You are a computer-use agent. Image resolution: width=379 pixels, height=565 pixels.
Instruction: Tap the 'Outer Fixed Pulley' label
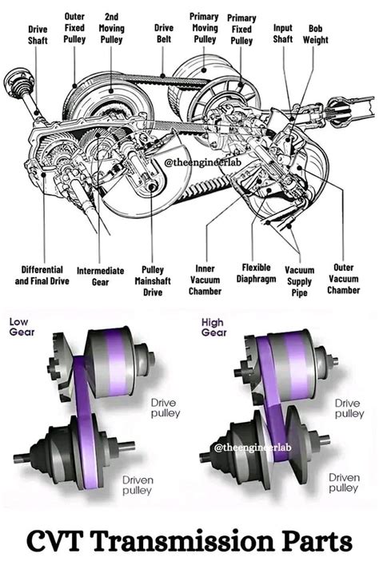pyautogui.click(x=75, y=27)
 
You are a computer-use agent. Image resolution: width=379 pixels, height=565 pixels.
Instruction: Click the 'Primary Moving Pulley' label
pyautogui.click(x=205, y=27)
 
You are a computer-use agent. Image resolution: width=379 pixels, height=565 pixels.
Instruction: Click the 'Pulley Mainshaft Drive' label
pyautogui.click(x=152, y=281)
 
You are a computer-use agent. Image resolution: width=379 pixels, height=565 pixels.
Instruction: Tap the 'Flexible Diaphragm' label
pyautogui.click(x=256, y=273)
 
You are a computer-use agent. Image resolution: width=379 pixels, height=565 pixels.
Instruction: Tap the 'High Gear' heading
pyautogui.click(x=213, y=327)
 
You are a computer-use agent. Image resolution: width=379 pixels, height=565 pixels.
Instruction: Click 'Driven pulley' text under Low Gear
pyautogui.click(x=137, y=485)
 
